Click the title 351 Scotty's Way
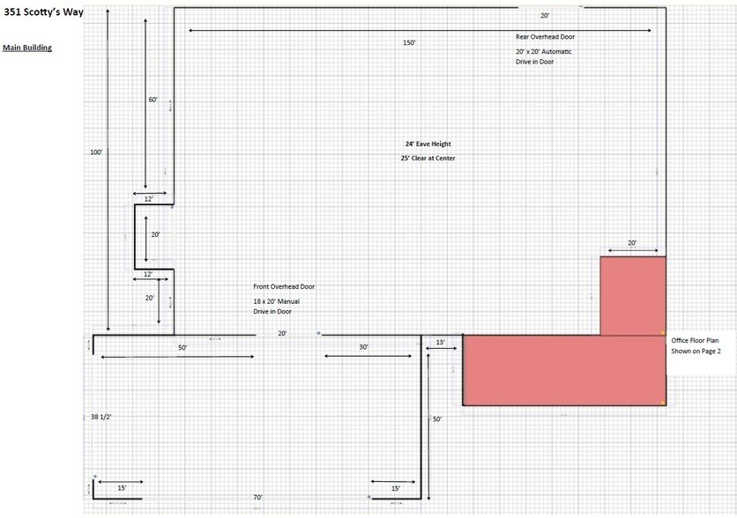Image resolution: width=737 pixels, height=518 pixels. pos(43,12)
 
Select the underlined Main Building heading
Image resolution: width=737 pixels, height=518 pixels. pos(27,48)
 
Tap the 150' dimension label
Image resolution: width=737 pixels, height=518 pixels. pos(409,43)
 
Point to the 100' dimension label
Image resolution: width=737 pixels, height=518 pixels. pos(96,152)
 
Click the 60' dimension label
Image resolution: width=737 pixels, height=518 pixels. pos(153,100)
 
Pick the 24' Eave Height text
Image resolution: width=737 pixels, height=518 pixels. pos(428,144)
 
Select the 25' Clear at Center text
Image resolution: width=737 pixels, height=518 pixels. pos(428,159)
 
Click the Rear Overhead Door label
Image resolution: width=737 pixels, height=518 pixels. pos(545,37)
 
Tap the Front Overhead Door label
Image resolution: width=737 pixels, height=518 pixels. pos(284,286)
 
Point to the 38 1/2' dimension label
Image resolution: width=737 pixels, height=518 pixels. pos(101,417)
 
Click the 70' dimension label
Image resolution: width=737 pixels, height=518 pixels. pos(257,497)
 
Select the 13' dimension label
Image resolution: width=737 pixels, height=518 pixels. pos(441,343)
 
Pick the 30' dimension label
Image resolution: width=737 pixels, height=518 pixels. pos(364,347)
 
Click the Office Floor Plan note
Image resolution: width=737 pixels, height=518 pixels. pos(696,345)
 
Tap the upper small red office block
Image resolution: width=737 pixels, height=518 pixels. pos(633,296)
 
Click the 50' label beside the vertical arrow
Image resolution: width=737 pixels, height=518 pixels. pos(437,419)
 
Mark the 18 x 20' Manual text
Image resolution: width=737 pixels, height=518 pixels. pos(277,301)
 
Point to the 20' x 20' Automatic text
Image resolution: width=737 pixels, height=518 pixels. pos(543,52)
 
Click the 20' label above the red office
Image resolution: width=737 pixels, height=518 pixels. pos(632,243)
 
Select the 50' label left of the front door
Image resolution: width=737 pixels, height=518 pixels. pos(182,347)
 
